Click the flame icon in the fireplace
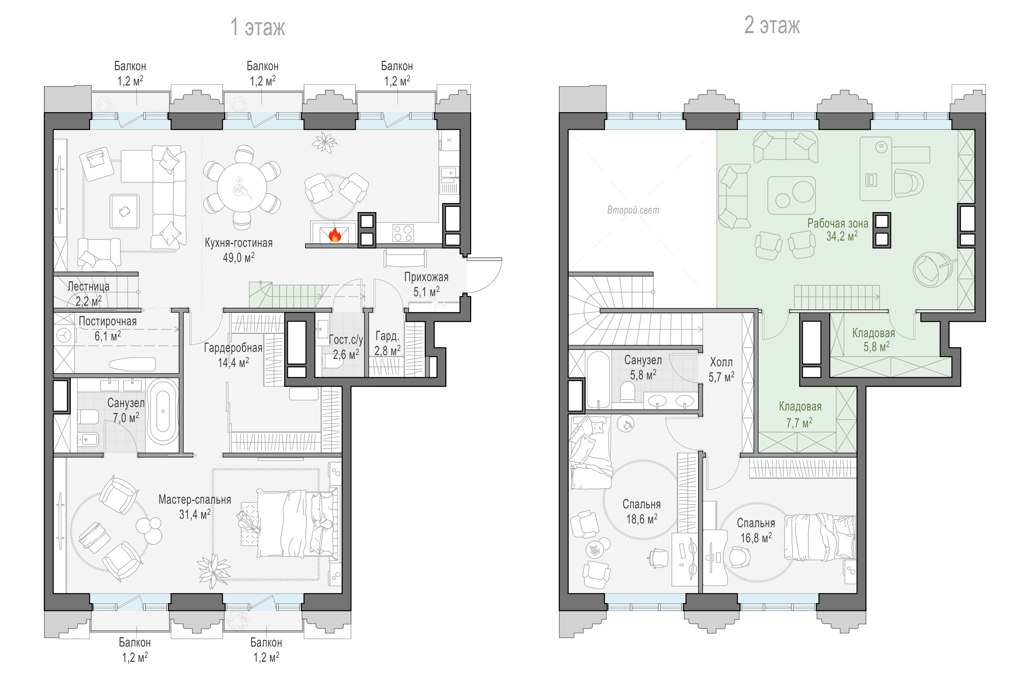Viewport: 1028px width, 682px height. (x=335, y=235)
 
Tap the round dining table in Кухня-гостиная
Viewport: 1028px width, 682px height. (x=242, y=188)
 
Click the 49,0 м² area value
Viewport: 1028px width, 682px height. (x=238, y=257)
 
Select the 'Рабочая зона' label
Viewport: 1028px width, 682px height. (x=838, y=223)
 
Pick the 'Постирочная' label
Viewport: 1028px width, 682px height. (x=107, y=321)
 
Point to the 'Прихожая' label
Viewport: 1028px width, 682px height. (x=426, y=277)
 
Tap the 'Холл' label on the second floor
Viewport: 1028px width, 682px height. (x=721, y=362)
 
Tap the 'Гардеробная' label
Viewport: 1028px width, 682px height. (x=233, y=348)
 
